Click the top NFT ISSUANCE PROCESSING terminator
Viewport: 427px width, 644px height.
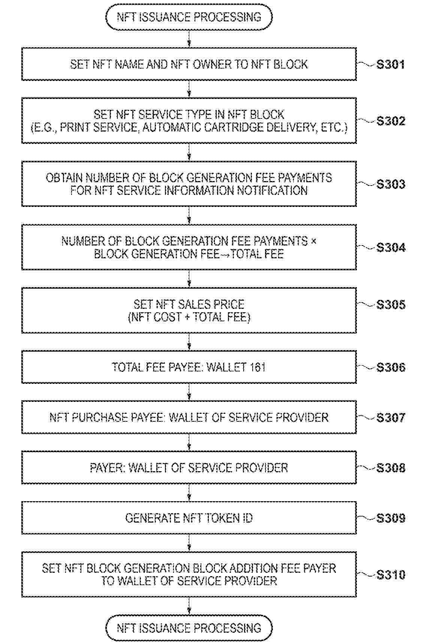point(189,17)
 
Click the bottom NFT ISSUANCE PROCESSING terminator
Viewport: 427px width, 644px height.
point(189,628)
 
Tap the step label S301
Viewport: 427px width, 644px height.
point(391,64)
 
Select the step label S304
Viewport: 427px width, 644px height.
point(391,247)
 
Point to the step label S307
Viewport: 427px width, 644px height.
point(391,418)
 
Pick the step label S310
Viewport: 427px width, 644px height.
point(391,575)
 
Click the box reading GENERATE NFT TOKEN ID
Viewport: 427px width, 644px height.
point(189,518)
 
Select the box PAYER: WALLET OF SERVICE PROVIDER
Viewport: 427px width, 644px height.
point(189,468)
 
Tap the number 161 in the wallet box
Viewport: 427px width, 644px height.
point(257,367)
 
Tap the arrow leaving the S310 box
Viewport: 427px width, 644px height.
point(189,606)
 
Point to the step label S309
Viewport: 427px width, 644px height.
point(391,518)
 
